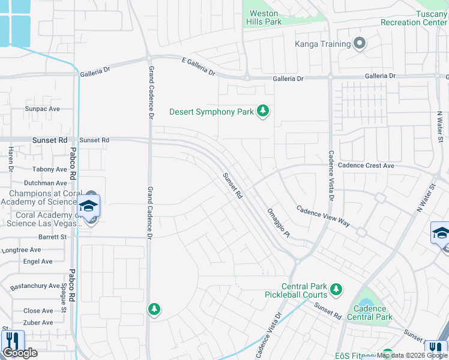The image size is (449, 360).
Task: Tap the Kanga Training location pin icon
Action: (360, 44)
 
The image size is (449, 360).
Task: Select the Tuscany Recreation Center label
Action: (414, 18)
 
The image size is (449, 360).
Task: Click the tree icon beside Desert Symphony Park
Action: (262, 111)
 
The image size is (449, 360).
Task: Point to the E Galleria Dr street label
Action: (198, 66)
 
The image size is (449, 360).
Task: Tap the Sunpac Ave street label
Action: (42, 109)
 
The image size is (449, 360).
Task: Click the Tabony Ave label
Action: (50, 170)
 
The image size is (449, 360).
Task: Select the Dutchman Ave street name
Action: (46, 183)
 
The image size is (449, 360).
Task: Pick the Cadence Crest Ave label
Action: (366, 166)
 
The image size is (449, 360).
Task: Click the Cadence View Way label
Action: (323, 215)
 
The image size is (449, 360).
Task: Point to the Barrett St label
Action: (53, 237)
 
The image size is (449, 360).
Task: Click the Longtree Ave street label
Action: (21, 250)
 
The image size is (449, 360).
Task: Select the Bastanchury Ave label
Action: (35, 286)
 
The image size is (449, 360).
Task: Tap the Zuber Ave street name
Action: (38, 323)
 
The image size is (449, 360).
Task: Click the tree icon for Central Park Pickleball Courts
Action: (336, 290)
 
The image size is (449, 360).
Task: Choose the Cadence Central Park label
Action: (369, 313)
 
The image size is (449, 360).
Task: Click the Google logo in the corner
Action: (20, 353)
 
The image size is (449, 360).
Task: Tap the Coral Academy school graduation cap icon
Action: (88, 206)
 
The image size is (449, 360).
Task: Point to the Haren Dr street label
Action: (11, 160)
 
